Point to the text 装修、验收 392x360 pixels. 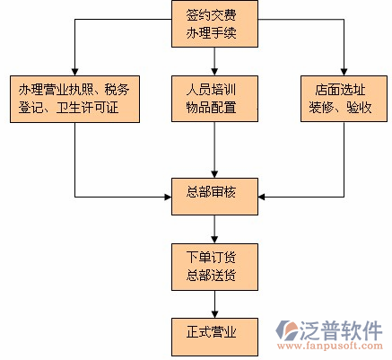point(344,108)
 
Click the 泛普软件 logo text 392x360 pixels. point(344,327)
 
